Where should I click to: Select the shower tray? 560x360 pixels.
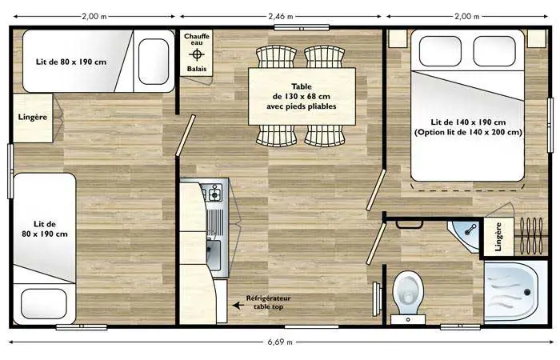point(514,292)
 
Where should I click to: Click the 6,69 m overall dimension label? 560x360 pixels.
point(280,342)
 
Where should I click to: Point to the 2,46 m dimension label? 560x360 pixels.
point(281,16)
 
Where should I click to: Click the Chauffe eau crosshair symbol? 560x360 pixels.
point(197,55)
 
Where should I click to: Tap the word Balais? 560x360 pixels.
point(197,69)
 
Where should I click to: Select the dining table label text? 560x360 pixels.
point(302,97)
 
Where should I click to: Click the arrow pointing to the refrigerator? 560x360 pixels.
point(238,306)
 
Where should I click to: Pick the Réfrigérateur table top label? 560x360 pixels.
point(268,302)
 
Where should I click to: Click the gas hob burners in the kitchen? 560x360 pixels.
point(212,194)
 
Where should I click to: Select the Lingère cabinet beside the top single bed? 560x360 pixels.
point(33,118)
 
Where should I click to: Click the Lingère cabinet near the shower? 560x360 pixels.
point(499,237)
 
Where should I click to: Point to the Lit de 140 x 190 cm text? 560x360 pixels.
point(468,122)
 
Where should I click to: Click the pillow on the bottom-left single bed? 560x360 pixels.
point(44,303)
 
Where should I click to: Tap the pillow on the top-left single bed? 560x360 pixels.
point(154,62)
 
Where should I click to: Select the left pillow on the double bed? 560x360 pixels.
point(440,51)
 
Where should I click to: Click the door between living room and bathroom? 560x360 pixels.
point(376,243)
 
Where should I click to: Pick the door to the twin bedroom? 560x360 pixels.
point(186,135)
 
